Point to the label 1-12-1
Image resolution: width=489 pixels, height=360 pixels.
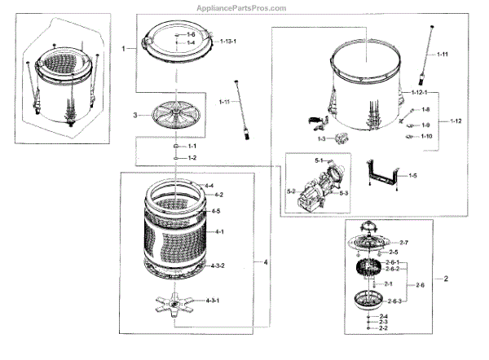421,94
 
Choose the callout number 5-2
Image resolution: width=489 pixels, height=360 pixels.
291,191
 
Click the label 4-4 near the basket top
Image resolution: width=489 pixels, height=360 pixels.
209,186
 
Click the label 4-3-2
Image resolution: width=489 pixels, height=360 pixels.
217,266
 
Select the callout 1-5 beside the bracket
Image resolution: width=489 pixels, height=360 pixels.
414,175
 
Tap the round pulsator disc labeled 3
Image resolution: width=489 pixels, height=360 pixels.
175,114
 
